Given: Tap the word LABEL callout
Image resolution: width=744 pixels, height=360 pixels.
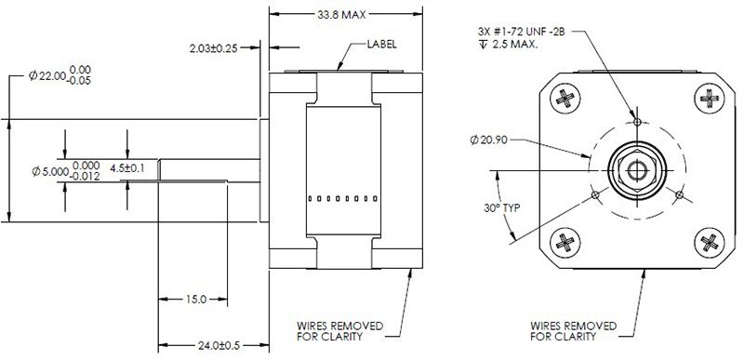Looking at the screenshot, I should tap(384, 44).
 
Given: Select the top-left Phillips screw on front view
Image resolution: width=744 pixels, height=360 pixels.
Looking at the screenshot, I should tap(566, 97).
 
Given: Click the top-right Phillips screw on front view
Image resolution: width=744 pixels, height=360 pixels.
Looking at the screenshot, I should tap(709, 97).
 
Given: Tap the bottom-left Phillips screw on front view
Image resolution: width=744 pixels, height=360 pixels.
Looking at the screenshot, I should tap(566, 243).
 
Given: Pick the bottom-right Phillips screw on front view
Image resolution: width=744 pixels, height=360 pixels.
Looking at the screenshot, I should tap(709, 243).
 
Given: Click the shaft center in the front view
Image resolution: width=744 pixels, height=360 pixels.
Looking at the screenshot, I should tap(637, 169).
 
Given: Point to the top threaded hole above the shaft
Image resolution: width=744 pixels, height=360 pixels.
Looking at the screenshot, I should tap(637, 121).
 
